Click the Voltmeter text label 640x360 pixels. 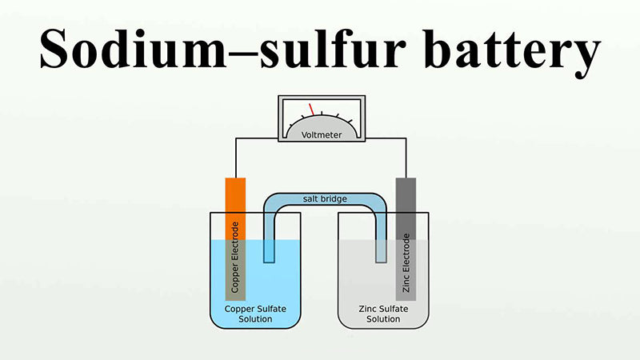click(x=321, y=134)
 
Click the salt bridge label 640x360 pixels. click(x=325, y=198)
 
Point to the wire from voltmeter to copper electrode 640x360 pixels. click(x=235, y=152)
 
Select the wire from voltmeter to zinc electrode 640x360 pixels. click(x=406, y=152)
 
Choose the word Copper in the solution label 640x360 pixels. click(x=240, y=308)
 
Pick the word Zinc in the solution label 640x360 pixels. click(x=365, y=308)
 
